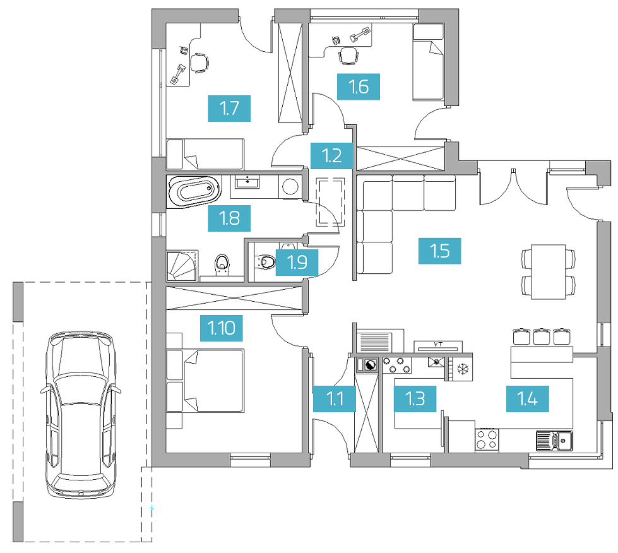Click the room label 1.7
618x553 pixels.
229,109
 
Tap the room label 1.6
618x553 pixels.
359,86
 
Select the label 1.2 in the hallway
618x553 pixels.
332,156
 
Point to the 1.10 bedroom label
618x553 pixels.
221,328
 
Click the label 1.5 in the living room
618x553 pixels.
440,251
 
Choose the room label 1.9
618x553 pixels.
297,262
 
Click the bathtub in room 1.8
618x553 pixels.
194,191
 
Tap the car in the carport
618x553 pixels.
80,414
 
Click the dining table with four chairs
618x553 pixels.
548,271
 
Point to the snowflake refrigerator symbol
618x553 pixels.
463,369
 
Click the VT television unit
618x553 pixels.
438,347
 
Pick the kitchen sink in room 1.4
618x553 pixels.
554,441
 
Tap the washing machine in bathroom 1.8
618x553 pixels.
291,186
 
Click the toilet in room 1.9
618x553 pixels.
265,261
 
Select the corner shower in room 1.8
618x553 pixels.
182,266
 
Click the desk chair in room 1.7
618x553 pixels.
199,62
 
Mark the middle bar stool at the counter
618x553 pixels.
542,336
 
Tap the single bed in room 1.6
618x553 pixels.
429,62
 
